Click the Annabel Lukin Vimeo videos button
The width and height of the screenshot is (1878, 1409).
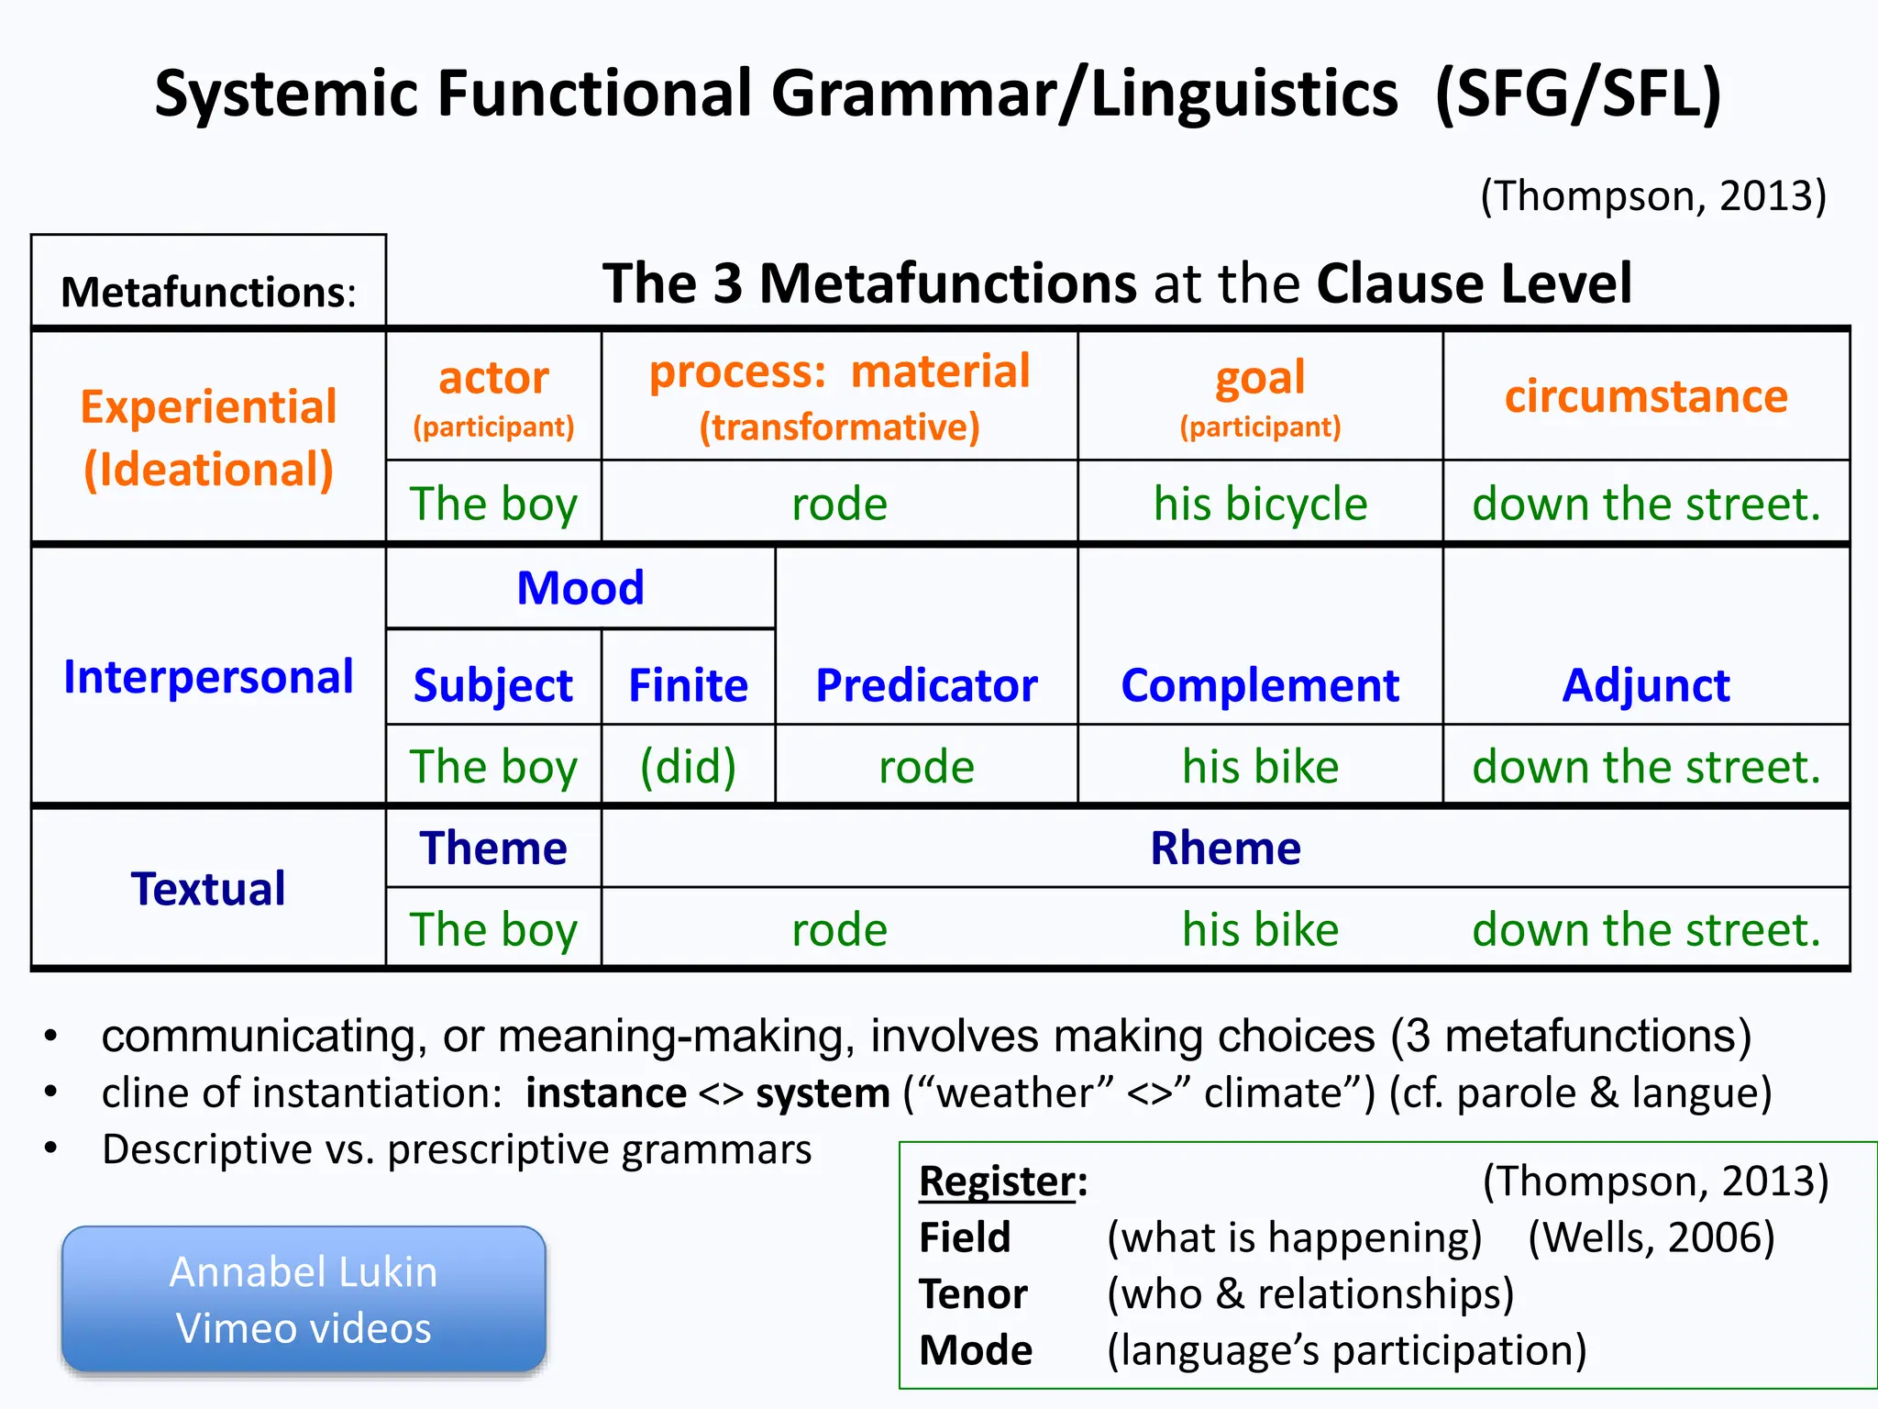[x=304, y=1299]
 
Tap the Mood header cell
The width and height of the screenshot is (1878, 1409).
[x=580, y=588]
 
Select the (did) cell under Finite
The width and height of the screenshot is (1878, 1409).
[x=688, y=766]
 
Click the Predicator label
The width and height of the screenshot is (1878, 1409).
[x=926, y=685]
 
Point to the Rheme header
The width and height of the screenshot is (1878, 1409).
[x=1225, y=848]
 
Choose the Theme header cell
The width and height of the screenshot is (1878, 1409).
[x=493, y=848]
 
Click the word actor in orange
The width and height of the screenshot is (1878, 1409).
[x=493, y=377]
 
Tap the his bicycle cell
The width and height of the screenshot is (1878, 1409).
[x=1260, y=504]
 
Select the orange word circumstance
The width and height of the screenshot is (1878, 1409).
[x=1646, y=396]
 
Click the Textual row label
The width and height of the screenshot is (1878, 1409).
[x=208, y=889]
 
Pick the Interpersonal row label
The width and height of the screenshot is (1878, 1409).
[x=208, y=677]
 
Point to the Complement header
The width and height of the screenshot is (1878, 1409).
[x=1260, y=685]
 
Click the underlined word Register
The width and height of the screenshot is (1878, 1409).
[x=997, y=1182]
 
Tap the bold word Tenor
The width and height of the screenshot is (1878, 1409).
[x=973, y=1294]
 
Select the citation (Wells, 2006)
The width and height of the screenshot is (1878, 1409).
[x=1651, y=1237]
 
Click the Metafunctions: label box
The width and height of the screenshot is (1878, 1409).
[x=208, y=292]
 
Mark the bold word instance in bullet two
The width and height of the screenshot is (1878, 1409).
[x=605, y=1093]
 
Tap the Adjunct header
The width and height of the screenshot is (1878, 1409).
[x=1646, y=685]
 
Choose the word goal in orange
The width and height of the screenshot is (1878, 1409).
[x=1260, y=377]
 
